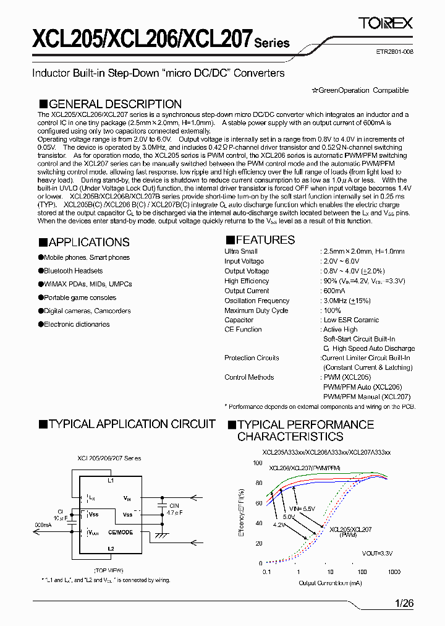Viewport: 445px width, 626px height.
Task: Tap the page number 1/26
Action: coord(404,602)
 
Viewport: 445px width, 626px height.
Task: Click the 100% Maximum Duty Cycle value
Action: coord(332,311)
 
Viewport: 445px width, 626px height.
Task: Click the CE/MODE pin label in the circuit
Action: coord(121,532)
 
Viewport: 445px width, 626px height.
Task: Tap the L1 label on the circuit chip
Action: coord(111,480)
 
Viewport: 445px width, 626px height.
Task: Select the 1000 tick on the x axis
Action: coord(394,572)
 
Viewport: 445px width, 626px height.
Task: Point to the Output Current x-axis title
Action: coord(329,583)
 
